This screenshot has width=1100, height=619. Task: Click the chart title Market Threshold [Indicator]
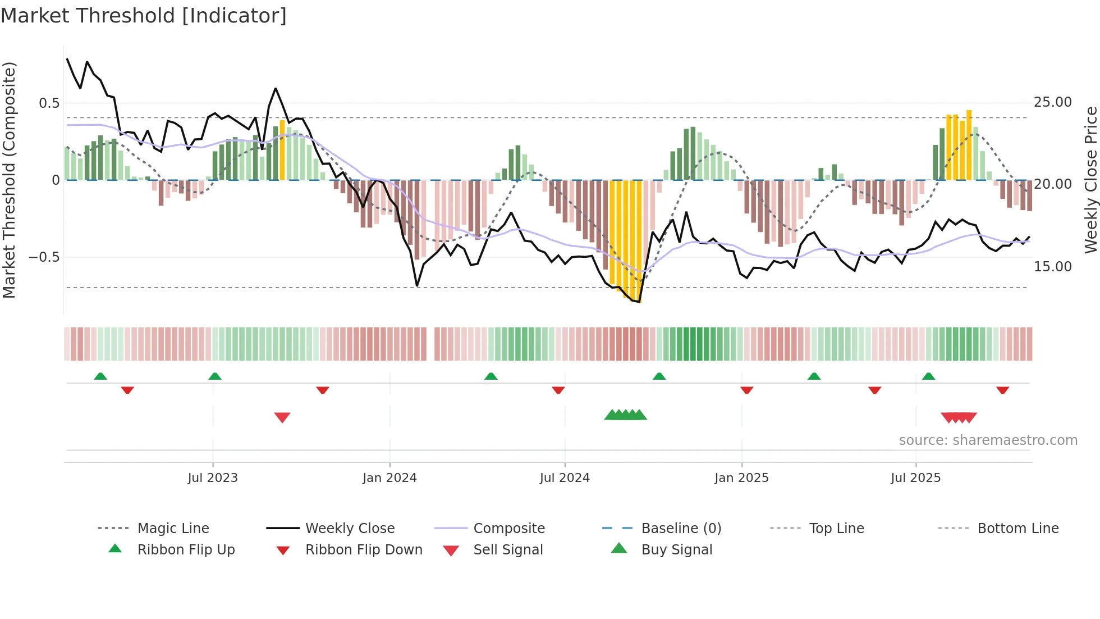pos(144,16)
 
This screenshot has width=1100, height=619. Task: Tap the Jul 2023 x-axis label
pos(213,478)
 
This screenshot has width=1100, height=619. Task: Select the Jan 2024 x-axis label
pos(389,478)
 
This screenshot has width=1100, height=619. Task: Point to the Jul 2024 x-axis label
pos(565,478)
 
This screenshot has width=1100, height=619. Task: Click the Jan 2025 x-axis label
pos(741,478)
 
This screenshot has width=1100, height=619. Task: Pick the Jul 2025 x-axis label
pos(915,478)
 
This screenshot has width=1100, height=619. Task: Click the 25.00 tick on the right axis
pos(1053,102)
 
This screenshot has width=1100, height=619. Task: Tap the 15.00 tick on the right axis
pos(1053,267)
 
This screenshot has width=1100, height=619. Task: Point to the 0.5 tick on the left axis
pos(49,103)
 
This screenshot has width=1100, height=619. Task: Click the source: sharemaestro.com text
pos(988,440)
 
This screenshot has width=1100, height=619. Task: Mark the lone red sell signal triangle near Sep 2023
pos(282,417)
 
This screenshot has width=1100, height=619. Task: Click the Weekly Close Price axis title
pos(1090,180)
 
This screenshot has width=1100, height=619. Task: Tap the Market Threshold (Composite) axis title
pos(10,180)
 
